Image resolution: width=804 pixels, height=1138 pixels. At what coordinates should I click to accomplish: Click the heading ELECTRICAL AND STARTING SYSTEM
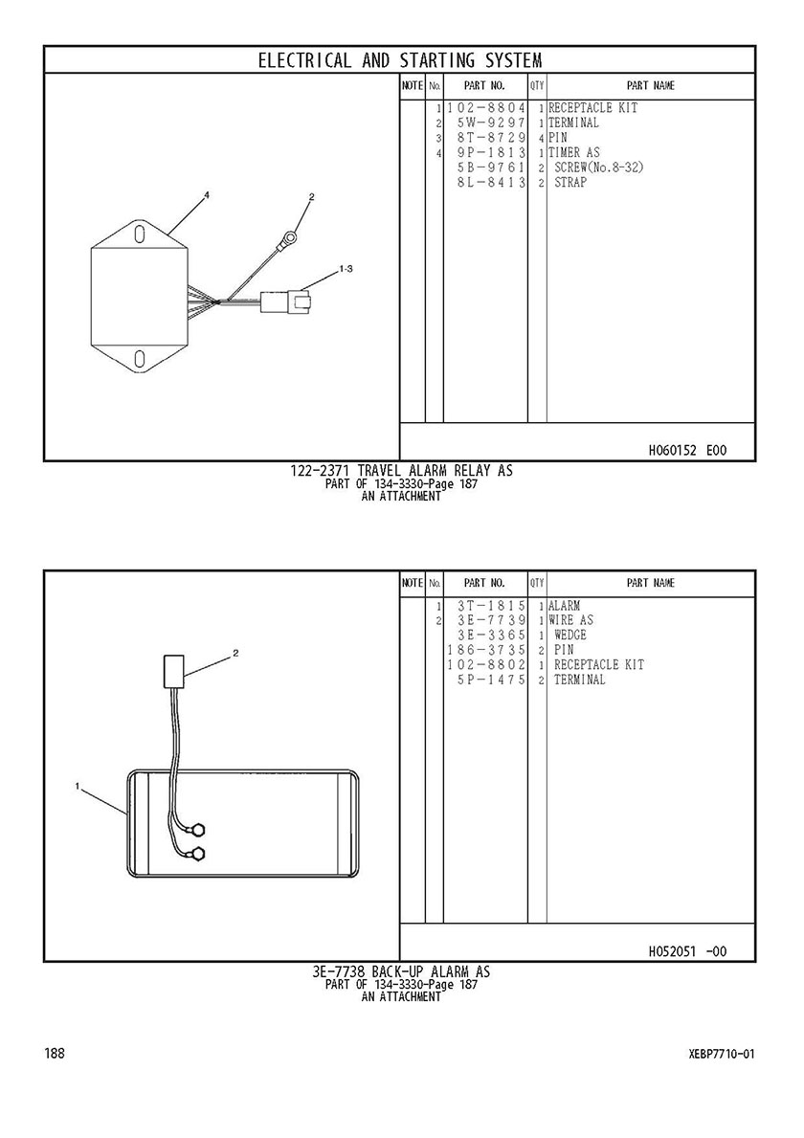400,60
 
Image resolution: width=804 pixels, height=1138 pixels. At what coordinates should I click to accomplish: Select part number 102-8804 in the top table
485,108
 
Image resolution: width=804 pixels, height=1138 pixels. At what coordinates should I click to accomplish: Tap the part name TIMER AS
574,152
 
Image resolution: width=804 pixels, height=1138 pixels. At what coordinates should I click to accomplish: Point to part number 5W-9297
490,123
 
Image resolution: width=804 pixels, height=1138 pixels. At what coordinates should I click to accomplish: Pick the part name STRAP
570,182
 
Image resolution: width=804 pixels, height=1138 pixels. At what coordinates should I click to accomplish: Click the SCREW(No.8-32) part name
598,167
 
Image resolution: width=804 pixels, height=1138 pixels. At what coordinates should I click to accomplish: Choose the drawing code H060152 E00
687,451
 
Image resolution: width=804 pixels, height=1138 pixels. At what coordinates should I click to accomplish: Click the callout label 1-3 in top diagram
346,269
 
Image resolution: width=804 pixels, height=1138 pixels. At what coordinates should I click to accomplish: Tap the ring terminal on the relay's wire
290,235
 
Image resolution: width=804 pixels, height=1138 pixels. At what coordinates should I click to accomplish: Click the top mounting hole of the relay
140,234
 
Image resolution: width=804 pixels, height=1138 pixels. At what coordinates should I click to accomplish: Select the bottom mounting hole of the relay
140,358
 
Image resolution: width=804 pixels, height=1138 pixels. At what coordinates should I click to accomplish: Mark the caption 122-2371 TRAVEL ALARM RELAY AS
401,471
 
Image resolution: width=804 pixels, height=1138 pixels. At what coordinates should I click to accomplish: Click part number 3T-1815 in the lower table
490,606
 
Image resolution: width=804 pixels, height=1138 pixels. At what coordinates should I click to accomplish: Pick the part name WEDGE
570,636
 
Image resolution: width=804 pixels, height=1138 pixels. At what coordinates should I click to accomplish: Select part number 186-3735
485,650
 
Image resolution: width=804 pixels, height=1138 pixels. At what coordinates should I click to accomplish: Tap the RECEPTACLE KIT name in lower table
598,665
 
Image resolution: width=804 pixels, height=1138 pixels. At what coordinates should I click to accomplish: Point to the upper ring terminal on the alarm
197,828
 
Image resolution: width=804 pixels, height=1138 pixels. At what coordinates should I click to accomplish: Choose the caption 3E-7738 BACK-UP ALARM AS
401,971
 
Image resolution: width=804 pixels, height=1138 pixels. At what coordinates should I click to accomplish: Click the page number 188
55,1053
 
